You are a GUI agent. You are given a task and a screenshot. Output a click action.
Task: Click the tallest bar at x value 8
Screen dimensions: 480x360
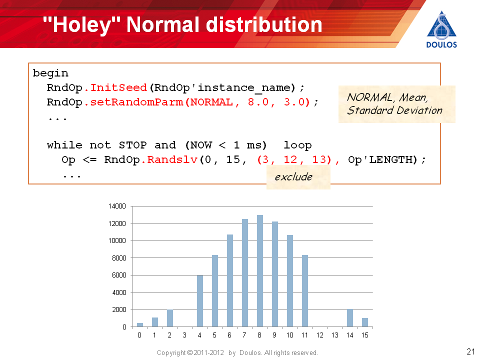tap(260, 271)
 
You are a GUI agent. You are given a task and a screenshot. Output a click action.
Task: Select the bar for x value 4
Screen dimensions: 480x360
tap(200, 301)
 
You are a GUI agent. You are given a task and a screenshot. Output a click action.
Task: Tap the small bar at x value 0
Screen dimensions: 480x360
tap(140, 325)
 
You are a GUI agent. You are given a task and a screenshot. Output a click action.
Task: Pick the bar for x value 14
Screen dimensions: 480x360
tap(350, 318)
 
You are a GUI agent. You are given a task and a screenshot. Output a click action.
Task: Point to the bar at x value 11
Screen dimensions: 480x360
tap(305, 291)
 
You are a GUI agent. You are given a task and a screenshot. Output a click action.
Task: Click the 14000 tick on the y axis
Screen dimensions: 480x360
tap(117, 206)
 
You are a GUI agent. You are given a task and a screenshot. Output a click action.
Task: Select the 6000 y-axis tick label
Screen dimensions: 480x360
tap(119, 275)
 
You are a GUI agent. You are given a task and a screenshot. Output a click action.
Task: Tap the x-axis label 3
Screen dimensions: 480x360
tap(184, 335)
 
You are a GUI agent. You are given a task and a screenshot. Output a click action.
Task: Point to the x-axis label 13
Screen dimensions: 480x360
tap(335, 335)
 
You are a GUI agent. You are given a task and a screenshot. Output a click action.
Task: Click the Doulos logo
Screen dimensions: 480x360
tap(441, 29)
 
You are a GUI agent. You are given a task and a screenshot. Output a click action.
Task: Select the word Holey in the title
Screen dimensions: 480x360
tap(81, 24)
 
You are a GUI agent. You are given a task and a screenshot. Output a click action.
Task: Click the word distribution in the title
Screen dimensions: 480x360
tap(264, 24)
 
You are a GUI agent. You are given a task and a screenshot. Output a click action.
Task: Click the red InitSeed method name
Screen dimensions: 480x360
tap(118, 88)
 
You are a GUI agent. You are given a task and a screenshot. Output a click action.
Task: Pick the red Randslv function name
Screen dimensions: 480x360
tap(172, 160)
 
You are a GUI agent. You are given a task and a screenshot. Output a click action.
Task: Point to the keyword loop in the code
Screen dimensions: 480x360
tap(297, 145)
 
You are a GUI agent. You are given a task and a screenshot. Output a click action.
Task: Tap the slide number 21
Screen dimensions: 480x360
tap(470, 351)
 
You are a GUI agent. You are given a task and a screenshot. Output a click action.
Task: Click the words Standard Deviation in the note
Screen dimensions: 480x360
tap(394, 110)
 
